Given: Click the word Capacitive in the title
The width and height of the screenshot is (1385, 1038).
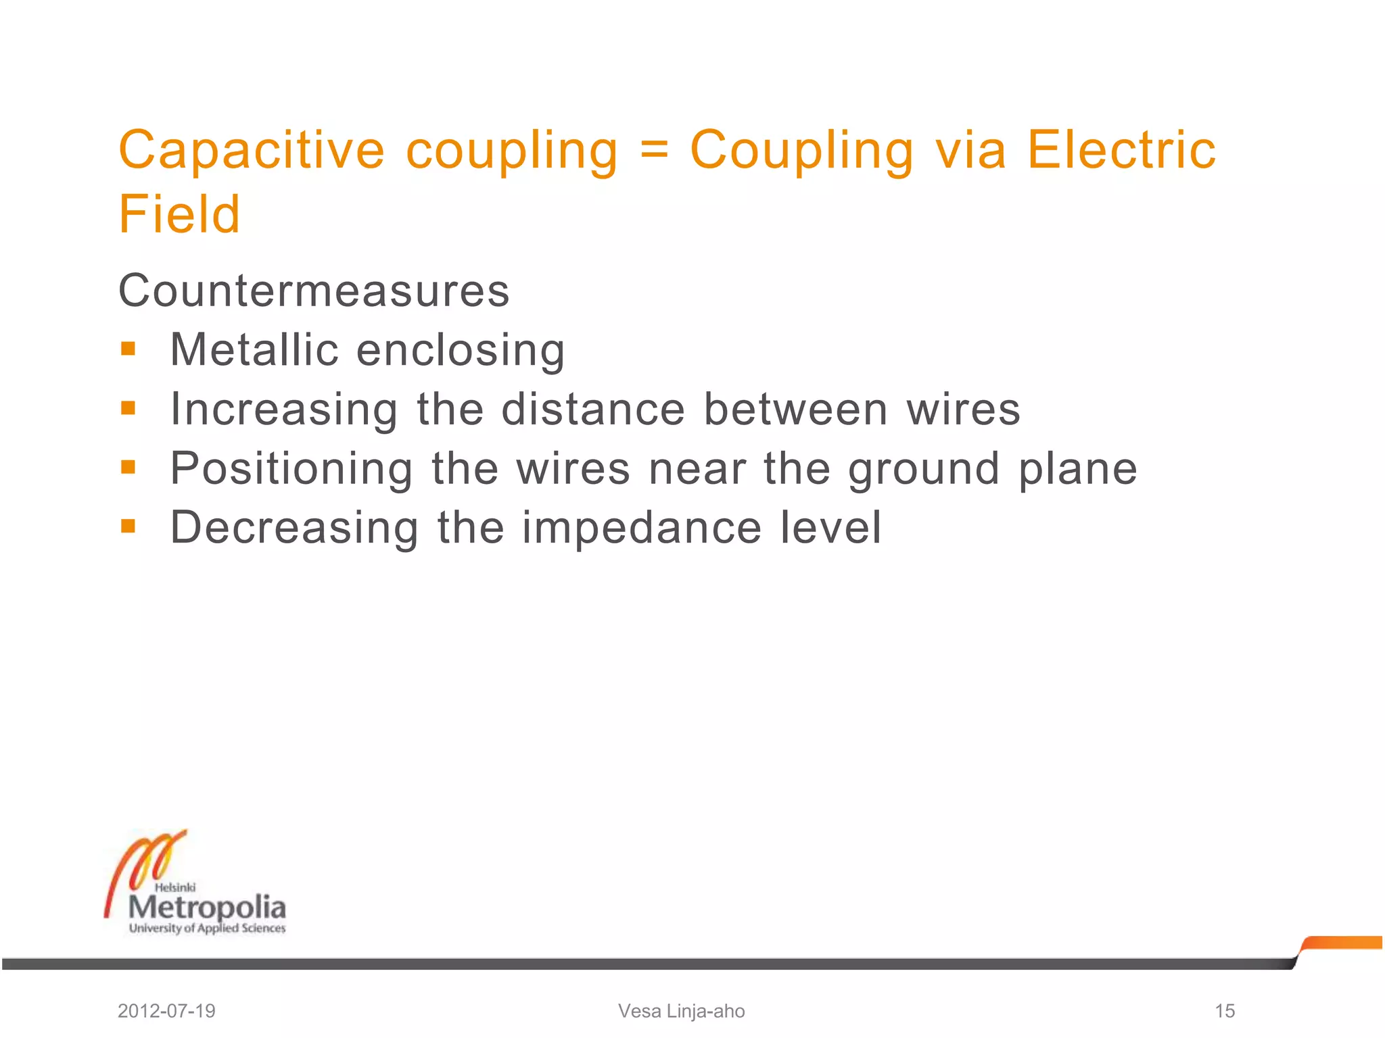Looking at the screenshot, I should coord(252,150).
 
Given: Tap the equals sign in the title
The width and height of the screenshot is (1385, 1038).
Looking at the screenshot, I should coord(654,150).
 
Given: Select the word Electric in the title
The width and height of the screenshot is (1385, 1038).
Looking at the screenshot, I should coord(1121,150).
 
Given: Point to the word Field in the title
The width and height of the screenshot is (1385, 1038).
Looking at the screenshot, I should coord(179,214).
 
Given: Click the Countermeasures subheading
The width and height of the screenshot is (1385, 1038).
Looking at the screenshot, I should coord(314,291).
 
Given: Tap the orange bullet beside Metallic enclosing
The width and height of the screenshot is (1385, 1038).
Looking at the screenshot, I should coord(128,349).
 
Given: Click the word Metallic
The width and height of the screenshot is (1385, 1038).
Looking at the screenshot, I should coord(254,350).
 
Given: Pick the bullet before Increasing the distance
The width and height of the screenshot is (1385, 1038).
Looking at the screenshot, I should coord(128,408).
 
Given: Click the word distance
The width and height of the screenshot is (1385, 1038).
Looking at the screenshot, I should coord(593,410).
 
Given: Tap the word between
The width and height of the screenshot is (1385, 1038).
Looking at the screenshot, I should coord(795,410).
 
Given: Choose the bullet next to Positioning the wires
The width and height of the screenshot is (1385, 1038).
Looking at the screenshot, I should coord(128,467).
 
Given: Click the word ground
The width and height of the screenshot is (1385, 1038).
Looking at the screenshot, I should coord(924,470).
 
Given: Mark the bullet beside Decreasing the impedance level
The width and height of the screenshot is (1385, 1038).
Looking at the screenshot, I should coord(128,526).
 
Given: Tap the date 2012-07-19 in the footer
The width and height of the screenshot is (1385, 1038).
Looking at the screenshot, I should coord(166,1011).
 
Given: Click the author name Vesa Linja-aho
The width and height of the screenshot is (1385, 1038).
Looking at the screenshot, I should coord(682,1011).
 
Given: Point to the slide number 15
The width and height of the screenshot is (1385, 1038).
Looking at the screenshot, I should coord(1225,1011).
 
